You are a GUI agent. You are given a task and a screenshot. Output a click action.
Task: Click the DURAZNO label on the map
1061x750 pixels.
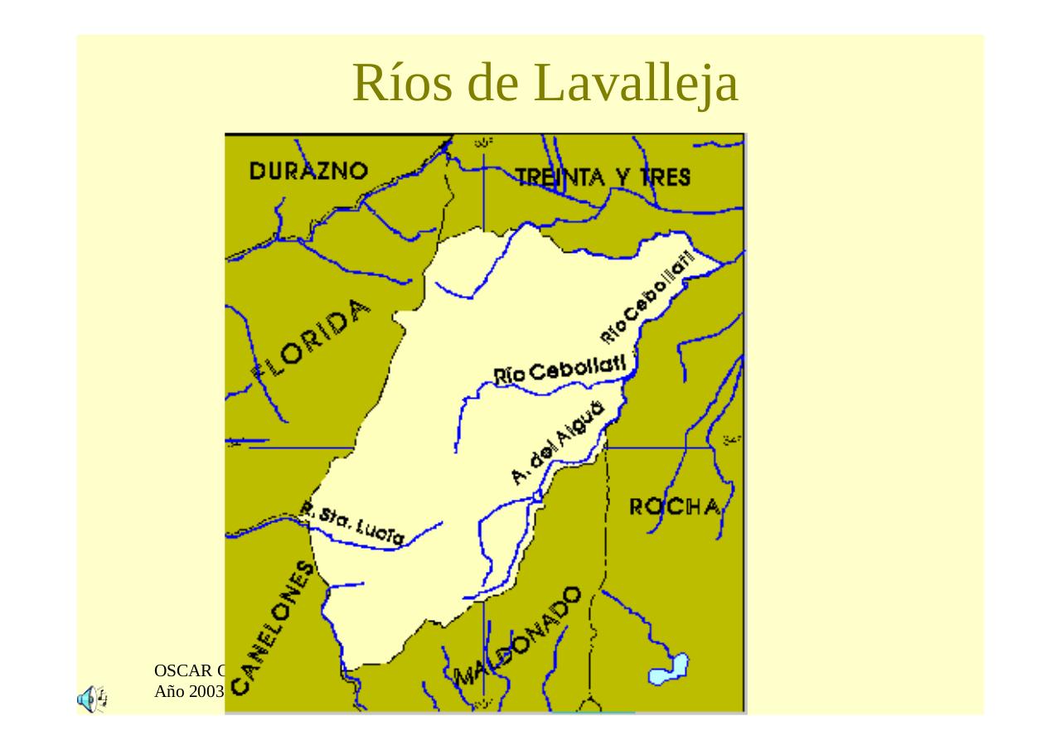(x=308, y=171)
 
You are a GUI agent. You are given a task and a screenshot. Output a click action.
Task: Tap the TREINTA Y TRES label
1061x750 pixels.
(x=603, y=177)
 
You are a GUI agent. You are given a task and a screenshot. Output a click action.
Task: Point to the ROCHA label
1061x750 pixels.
(x=674, y=506)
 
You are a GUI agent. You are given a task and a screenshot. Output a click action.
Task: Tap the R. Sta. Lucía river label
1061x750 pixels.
(x=353, y=523)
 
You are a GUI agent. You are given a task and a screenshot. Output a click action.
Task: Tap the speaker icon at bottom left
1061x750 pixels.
(x=91, y=699)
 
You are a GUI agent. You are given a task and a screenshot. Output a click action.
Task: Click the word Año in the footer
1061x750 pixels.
(x=169, y=690)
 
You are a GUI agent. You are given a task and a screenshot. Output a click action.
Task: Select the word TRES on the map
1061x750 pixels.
(x=665, y=177)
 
